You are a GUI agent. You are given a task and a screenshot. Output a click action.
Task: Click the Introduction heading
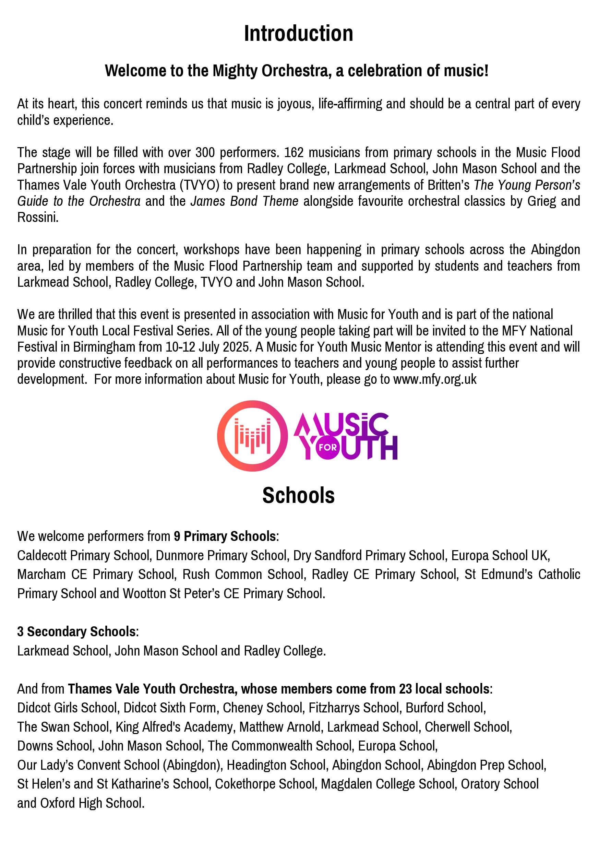pos(299,34)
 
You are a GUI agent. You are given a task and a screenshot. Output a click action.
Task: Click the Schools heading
pos(299,495)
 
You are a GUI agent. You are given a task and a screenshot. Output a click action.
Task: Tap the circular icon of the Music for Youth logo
pos(252,436)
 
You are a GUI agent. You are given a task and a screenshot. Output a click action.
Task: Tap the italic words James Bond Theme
pos(244,201)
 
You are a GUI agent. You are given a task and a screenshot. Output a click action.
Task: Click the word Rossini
pos(38,217)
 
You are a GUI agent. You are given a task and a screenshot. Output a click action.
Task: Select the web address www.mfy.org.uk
pos(435,379)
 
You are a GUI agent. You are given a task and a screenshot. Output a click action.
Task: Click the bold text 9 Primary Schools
pos(225,536)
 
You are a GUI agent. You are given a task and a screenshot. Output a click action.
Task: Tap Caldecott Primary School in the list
pos(83,555)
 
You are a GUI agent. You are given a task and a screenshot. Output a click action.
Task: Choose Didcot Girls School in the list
pos(68,708)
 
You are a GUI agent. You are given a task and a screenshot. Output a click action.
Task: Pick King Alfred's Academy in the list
pos(175,727)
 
